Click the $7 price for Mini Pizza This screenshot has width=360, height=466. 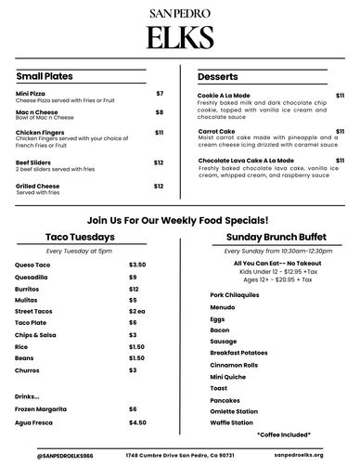click(160, 94)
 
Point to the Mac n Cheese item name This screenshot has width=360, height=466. click(37, 111)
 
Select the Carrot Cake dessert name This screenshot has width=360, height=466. click(216, 132)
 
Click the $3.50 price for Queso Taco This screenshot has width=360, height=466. click(137, 265)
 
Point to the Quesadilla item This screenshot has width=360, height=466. click(32, 277)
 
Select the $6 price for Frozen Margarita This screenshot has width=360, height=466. click(133, 408)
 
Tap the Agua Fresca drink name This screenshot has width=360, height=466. click(36, 422)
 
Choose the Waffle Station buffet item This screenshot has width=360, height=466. click(231, 422)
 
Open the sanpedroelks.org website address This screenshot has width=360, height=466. click(299, 456)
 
